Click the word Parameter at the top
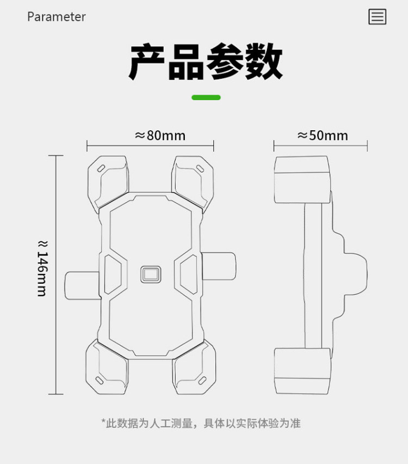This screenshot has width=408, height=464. [57, 17]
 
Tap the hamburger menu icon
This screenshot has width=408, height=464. [377, 17]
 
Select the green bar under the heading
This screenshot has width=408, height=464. [206, 97]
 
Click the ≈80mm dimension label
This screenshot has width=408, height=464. [160, 135]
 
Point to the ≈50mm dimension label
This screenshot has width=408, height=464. [323, 135]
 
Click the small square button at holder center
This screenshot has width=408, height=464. [151, 274]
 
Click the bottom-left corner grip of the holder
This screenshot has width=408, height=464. [108, 368]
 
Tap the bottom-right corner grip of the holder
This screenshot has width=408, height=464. [194, 368]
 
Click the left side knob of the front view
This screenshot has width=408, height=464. [81, 285]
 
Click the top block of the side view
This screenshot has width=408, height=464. [302, 173]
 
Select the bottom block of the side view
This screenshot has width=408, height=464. [302, 371]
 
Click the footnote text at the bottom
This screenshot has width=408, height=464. [201, 423]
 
